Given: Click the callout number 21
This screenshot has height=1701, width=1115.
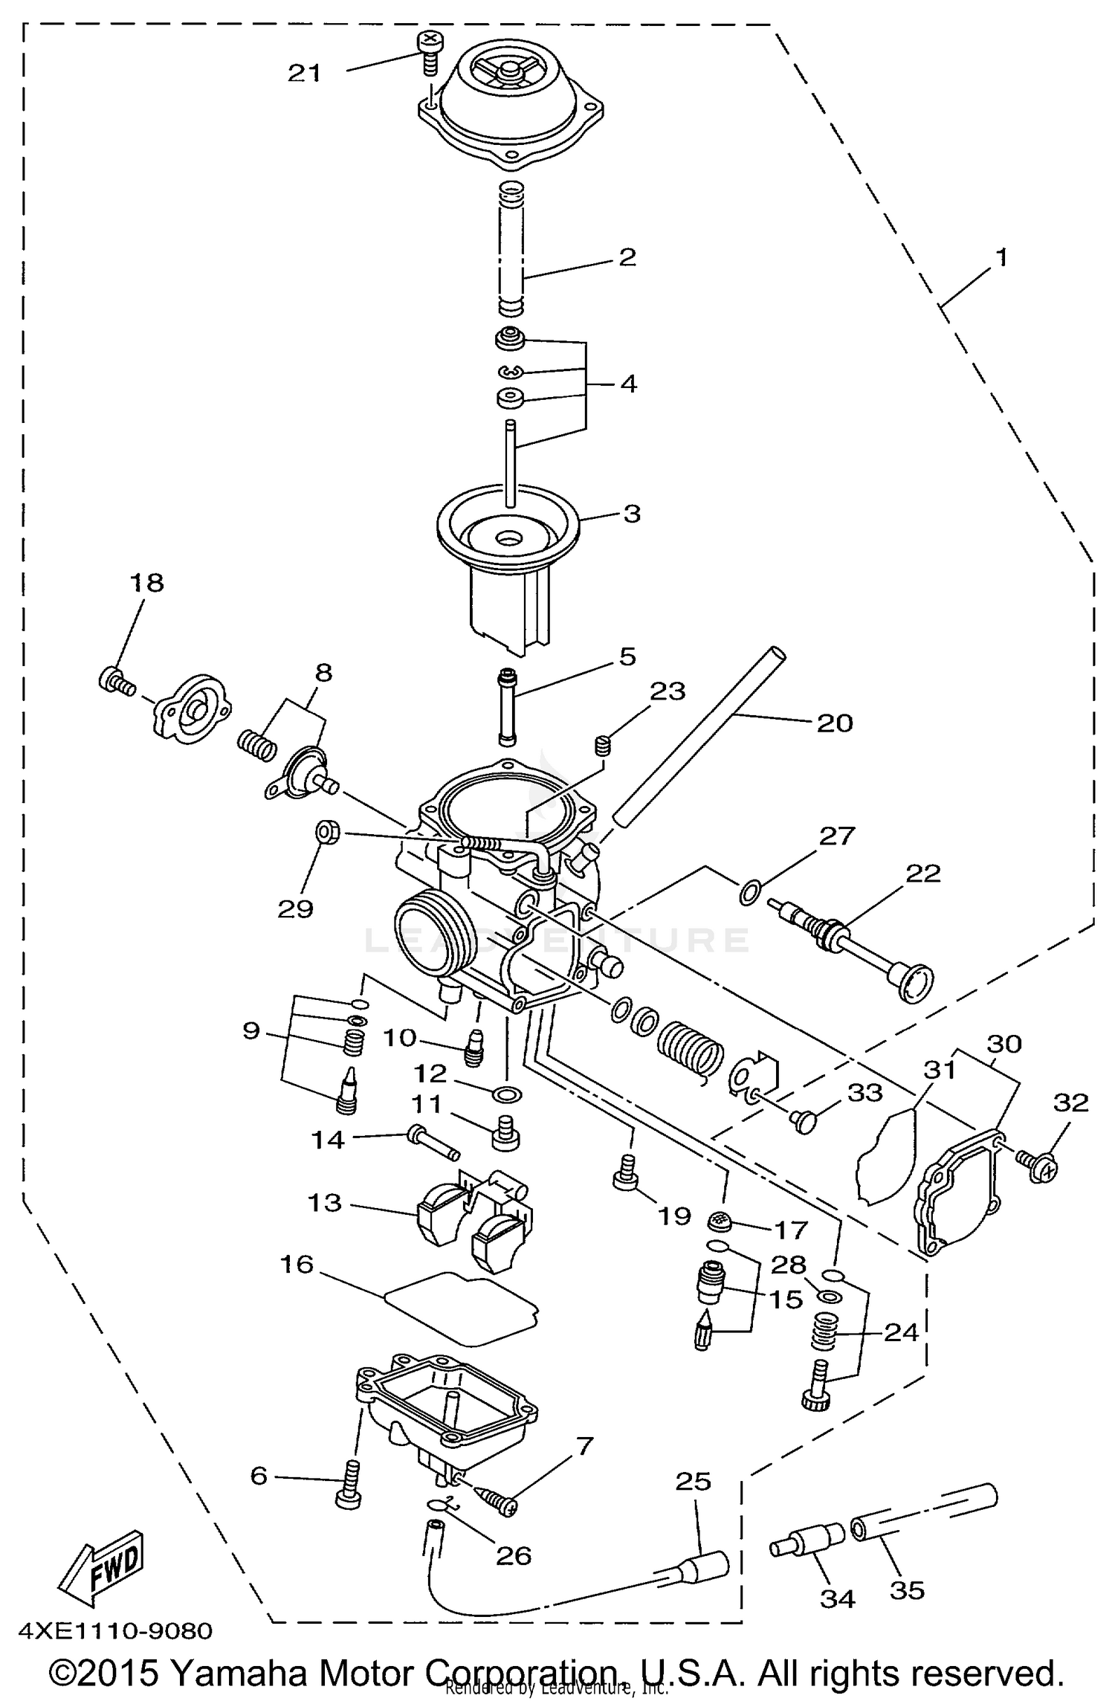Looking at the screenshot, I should coord(304,73).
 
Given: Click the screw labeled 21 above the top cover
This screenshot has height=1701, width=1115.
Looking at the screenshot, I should coord(430,52).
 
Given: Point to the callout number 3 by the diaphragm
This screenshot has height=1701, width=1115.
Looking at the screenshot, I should coord(631,514).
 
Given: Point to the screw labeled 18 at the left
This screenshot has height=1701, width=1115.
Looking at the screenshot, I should coord(115,680).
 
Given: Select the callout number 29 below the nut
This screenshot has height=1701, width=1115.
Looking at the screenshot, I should coord(295,908).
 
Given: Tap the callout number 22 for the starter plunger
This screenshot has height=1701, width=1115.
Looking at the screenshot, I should coord(923,874).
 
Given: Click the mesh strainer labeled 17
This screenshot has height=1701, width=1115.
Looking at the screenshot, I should coord(720,1219).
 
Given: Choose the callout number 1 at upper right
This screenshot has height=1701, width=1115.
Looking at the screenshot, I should coord(1001,258).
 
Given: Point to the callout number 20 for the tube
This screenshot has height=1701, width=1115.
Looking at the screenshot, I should coord(835,723).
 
